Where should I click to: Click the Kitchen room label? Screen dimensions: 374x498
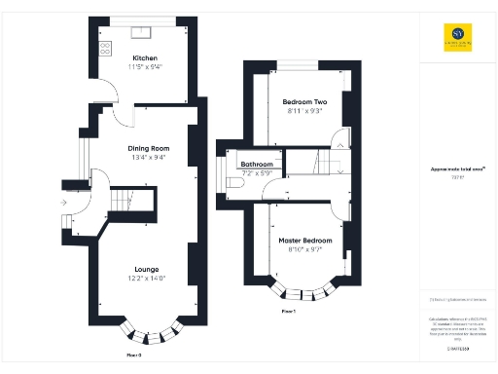[144, 58]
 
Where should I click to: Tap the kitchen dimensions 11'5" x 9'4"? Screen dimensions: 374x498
[144, 67]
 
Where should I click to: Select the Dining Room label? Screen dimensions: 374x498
[150, 148]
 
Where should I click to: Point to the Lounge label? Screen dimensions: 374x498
[147, 268]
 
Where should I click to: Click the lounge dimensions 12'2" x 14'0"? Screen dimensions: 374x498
[147, 278]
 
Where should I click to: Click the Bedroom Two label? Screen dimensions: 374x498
[303, 102]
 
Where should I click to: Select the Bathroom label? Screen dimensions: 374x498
[257, 165]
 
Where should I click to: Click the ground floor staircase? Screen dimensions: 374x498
[124, 201]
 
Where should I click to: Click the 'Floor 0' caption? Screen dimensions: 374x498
[134, 355]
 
